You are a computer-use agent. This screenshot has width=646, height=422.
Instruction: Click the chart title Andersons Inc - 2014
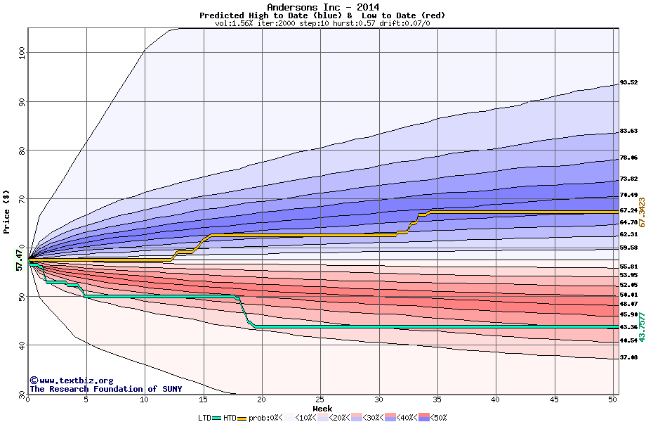click(322, 7)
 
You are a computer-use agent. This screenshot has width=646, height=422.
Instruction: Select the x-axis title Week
click(322, 409)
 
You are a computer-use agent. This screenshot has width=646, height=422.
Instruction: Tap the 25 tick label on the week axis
click(320, 399)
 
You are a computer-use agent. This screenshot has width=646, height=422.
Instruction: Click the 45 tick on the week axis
click(554, 399)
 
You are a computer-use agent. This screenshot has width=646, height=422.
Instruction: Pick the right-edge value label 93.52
click(628, 83)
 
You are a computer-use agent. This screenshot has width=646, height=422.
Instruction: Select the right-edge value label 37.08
click(628, 357)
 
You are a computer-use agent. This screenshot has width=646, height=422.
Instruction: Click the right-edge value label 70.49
click(628, 195)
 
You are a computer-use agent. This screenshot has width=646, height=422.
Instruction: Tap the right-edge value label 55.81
click(628, 267)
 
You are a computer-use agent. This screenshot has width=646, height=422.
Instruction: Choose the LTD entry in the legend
click(204, 418)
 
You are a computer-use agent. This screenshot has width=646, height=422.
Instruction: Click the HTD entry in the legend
click(229, 418)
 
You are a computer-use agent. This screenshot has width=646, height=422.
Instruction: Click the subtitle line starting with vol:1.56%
click(322, 23)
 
